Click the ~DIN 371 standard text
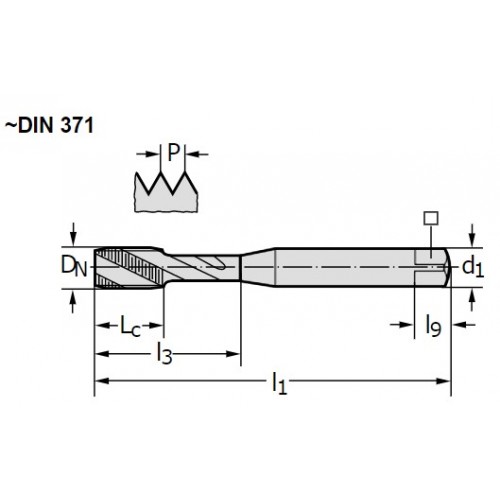pyautogui.click(x=49, y=126)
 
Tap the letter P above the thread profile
pyautogui.click(x=173, y=152)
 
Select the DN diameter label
pyautogui.click(x=74, y=267)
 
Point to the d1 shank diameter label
pyautogui.click(x=473, y=267)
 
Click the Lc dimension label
pyautogui.click(x=130, y=326)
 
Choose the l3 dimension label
pyautogui.click(x=164, y=354)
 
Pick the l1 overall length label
pyautogui.click(x=279, y=383)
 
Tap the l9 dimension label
pyautogui.click(x=433, y=325)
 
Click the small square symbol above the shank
pyautogui.click(x=431, y=218)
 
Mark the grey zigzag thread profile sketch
pyautogui.click(x=166, y=192)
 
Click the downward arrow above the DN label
pyautogui.click(x=74, y=234)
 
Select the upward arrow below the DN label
pyautogui.click(x=73, y=300)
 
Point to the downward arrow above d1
pyautogui.click(x=471, y=235)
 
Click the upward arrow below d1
pyautogui.click(x=471, y=299)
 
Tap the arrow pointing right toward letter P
pyautogui.click(x=148, y=154)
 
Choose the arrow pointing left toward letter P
pyautogui.click(x=197, y=154)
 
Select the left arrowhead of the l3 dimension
pyautogui.click(x=102, y=354)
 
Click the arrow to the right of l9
pyautogui.click(x=464, y=324)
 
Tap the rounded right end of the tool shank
pyautogui.click(x=447, y=267)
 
